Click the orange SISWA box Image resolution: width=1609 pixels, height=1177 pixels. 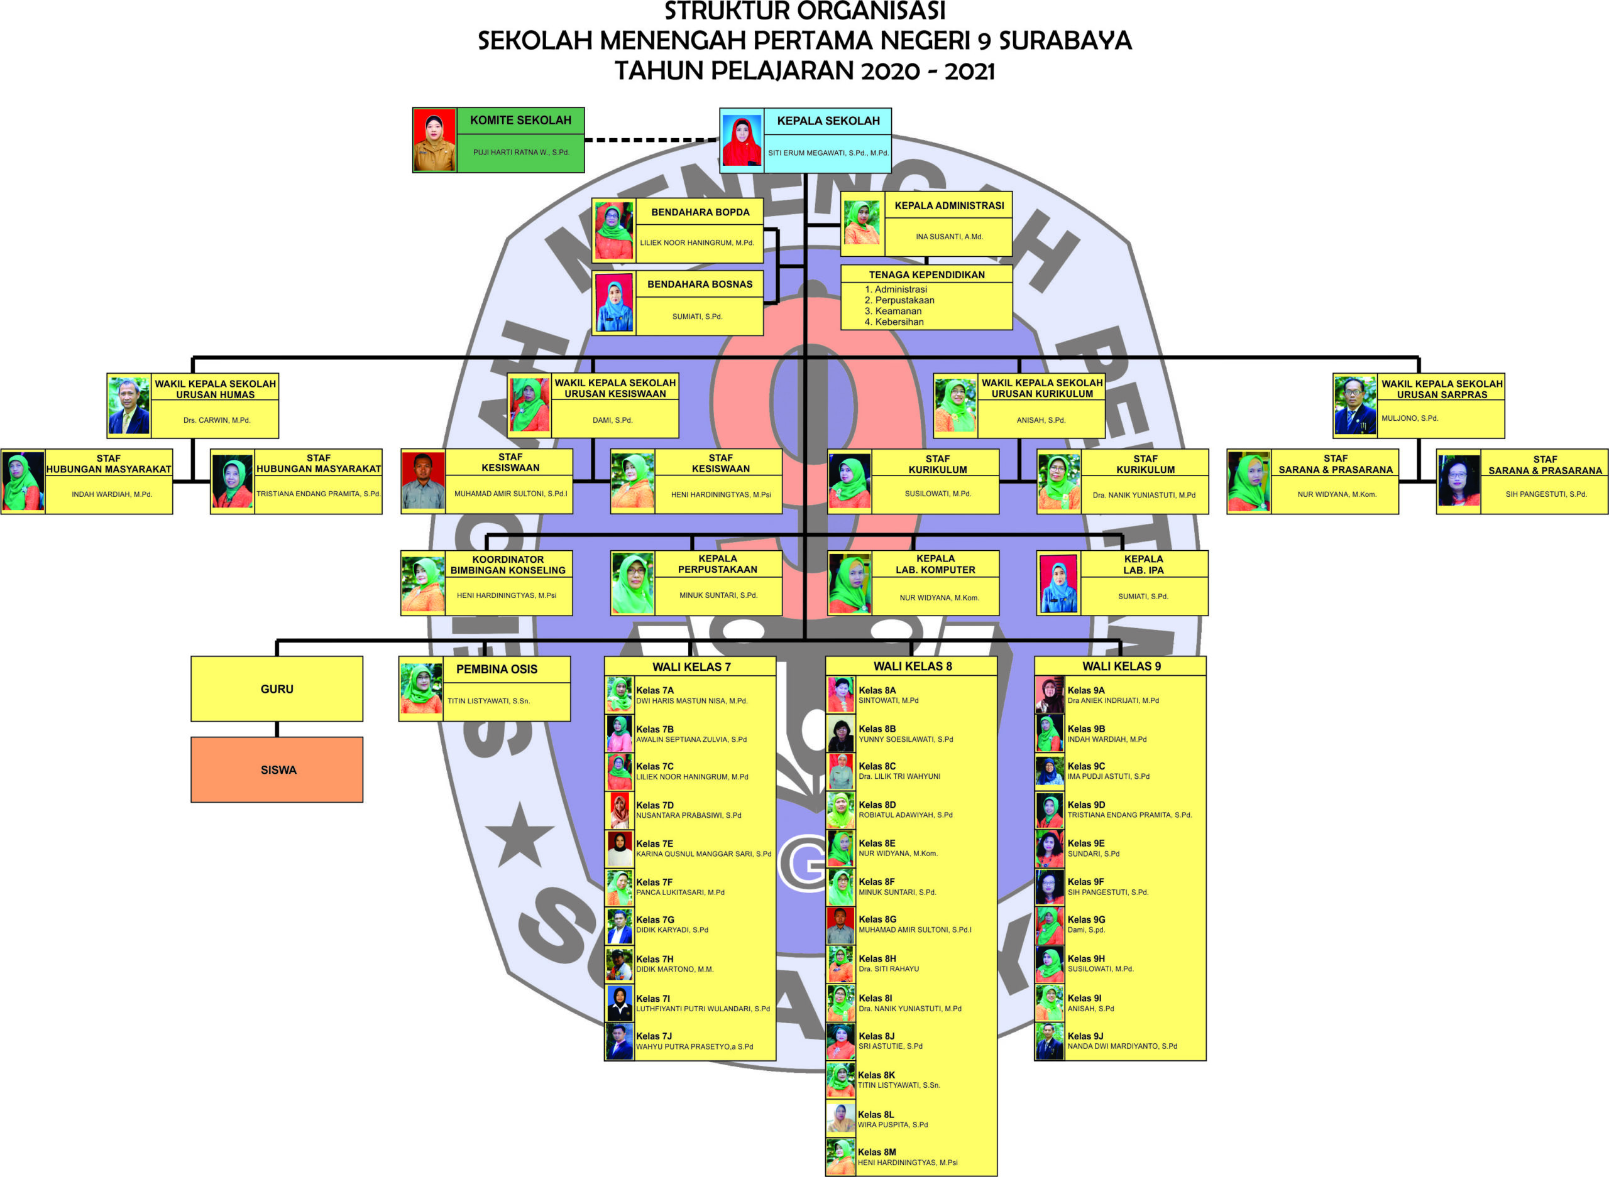(277, 769)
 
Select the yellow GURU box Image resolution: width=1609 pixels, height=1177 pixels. (277, 689)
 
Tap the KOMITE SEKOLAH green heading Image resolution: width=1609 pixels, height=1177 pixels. (520, 121)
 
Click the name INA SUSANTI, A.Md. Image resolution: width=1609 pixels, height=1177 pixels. (949, 237)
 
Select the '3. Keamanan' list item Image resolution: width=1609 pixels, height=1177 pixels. (892, 312)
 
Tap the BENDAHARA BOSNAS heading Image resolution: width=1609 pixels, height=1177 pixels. (700, 285)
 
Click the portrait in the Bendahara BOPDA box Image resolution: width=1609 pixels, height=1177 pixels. (614, 231)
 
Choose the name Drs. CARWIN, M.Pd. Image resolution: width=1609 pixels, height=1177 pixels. (217, 420)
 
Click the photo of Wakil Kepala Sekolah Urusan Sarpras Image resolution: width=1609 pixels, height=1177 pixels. (1354, 404)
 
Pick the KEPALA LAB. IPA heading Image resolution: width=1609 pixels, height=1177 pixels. (1143, 564)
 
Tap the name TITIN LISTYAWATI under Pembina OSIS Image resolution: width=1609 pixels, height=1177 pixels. (488, 701)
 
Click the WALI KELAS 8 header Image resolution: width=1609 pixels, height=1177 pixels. (912, 666)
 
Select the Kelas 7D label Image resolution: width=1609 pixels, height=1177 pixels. (654, 805)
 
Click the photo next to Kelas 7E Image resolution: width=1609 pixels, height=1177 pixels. (620, 849)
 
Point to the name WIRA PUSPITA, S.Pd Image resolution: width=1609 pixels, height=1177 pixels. (892, 1125)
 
